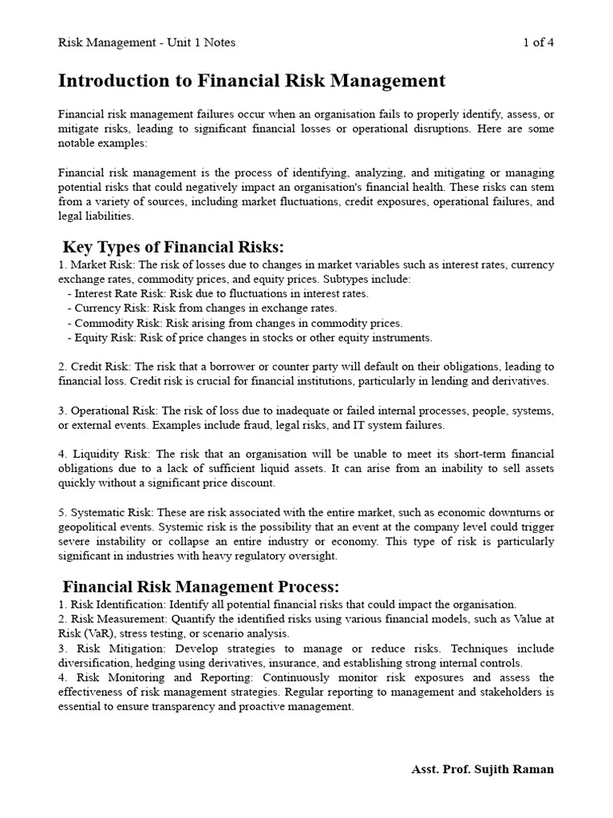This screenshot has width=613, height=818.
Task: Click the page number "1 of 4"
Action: coord(538,42)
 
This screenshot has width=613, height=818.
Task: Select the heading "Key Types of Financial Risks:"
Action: coord(173,246)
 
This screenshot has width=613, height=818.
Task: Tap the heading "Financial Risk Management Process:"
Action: coord(201,586)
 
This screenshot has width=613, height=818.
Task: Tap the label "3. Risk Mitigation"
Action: coord(105,649)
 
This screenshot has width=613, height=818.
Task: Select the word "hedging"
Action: coord(154,663)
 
